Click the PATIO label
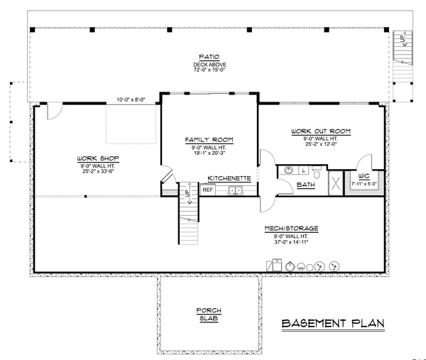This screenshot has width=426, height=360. (x=209, y=56)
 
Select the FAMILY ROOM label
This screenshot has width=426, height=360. (x=209, y=139)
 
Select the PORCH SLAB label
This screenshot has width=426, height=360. (x=208, y=315)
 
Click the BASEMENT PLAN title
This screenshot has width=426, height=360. (x=333, y=324)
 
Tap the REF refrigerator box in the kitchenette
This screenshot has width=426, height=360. (x=208, y=190)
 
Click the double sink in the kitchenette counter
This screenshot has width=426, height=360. (x=234, y=190)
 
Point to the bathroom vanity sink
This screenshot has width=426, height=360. (x=289, y=171)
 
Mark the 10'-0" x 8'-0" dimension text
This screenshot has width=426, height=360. (x=131, y=100)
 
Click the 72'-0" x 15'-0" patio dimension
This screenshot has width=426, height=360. (x=209, y=70)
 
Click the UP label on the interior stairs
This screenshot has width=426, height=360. (x=187, y=192)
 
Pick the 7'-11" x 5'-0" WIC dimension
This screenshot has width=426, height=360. (x=364, y=184)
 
